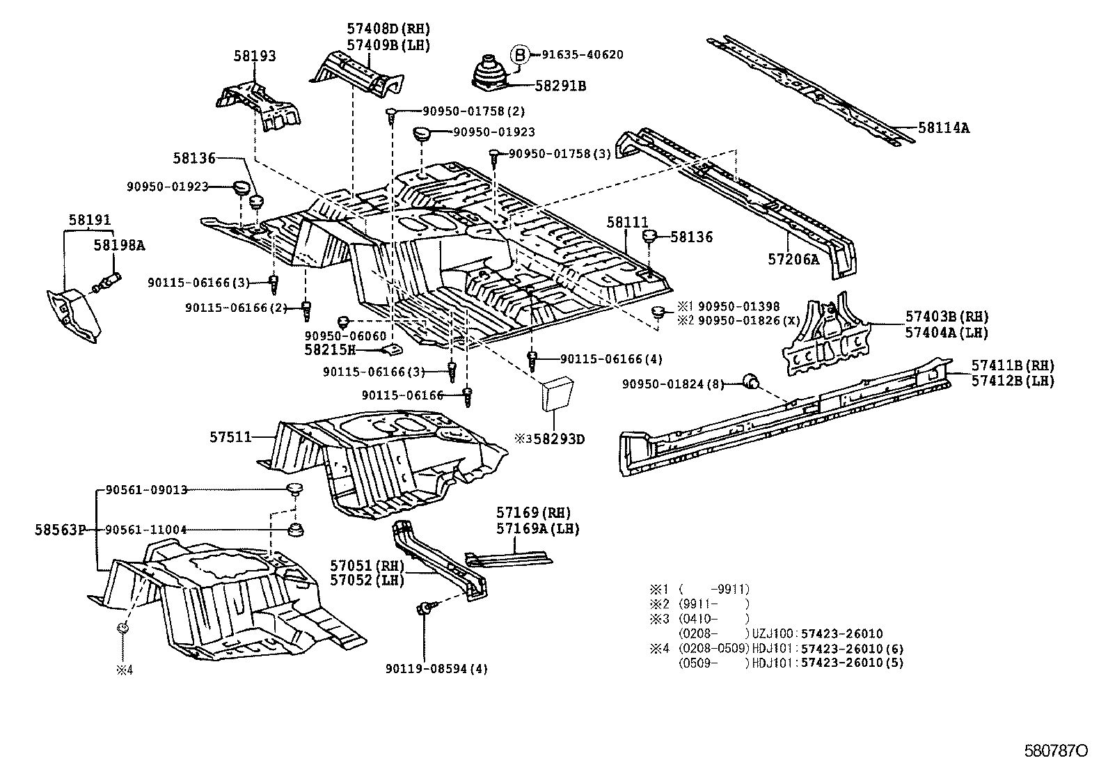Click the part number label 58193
[254, 56]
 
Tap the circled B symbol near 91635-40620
[520, 54]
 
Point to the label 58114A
[943, 128]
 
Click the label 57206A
[793, 259]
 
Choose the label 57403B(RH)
[947, 317]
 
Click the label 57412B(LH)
[1013, 381]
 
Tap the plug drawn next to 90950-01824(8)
[750, 381]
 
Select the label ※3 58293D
[549, 439]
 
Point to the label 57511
[230, 436]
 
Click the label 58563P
[59, 530]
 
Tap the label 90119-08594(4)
[436, 669]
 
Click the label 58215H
[330, 349]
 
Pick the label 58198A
[120, 245]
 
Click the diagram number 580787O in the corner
[1055, 752]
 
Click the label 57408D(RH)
[388, 29]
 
